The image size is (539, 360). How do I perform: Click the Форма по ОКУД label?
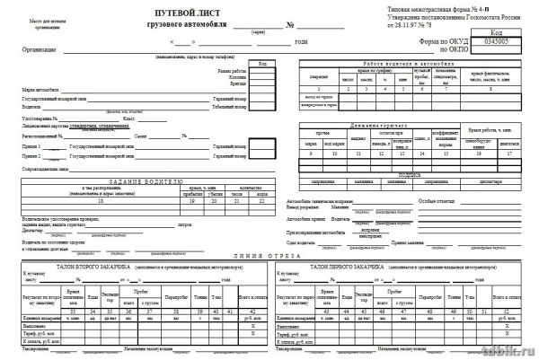tap(446, 41)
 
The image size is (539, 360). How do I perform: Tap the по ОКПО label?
tap(456, 50)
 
